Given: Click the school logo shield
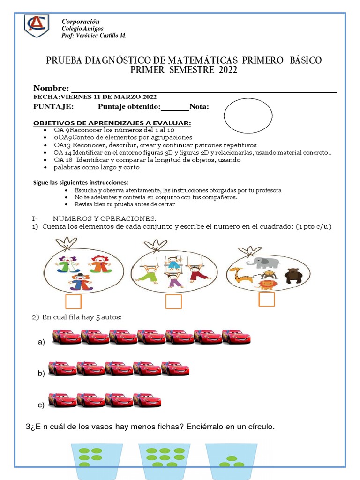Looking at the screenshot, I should coord(37,26).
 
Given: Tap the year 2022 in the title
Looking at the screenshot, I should coord(227,70).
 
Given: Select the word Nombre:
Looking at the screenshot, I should coord(51,89).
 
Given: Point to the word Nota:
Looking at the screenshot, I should coord(199,107).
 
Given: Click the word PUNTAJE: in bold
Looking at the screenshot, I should coord(53,107).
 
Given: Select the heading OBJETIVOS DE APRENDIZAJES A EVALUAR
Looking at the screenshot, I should coord(112,123).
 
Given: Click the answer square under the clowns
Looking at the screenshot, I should coord(73,302).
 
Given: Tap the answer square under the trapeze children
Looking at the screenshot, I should coord(173,302).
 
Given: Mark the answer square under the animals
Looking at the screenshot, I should coord(267,299).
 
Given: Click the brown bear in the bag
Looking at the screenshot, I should coord(294,275).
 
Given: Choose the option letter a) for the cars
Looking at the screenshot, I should coord(41,343).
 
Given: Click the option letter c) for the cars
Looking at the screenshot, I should coord(41,405).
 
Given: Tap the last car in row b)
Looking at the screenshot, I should coord(175,368).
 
